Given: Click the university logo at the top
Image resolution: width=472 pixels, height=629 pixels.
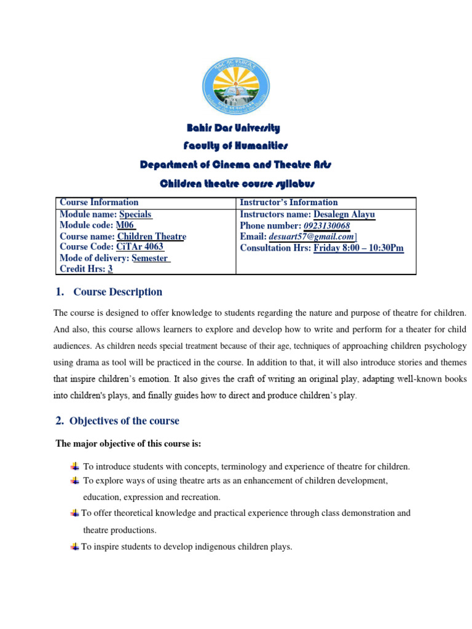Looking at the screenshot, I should [235, 90].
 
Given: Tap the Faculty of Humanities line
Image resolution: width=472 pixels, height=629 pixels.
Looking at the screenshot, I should [235, 146].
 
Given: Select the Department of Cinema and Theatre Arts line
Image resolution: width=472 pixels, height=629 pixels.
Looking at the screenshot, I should [236, 165].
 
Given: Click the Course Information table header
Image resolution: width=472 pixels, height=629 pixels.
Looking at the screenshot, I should [99, 202].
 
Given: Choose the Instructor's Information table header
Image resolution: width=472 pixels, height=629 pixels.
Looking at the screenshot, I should [289, 202].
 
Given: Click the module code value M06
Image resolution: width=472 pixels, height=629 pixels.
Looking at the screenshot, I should [125, 225].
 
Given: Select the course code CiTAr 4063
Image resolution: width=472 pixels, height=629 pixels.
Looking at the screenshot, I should [140, 247].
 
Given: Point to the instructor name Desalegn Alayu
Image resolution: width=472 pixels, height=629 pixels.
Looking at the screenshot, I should [344, 214].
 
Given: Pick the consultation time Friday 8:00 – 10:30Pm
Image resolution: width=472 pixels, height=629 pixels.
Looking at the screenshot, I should [358, 248].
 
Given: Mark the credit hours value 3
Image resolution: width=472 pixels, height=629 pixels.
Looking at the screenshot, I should [110, 269].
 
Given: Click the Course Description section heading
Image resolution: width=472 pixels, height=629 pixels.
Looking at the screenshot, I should [117, 292].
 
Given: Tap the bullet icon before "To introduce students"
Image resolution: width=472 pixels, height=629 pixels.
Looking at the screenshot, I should [75, 466].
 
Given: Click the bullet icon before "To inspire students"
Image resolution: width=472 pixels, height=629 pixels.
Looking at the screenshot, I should [74, 546].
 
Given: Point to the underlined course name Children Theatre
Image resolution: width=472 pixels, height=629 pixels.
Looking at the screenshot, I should [151, 236].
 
